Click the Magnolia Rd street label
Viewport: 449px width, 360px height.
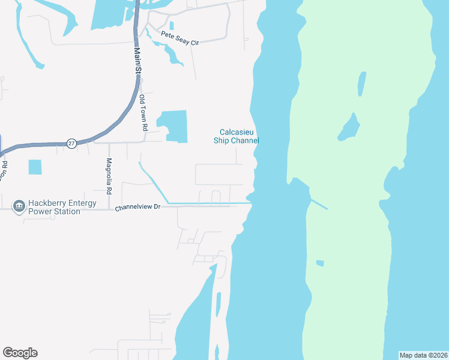point(109,175)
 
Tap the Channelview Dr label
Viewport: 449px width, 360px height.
point(138,207)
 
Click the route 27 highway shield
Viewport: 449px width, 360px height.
point(71,144)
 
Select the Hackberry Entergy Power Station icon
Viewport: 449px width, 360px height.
point(19,206)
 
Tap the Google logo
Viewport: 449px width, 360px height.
point(20,353)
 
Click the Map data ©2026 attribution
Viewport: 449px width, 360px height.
point(424,355)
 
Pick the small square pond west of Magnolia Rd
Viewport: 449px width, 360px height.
point(35,167)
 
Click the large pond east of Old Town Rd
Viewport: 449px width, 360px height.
point(174,126)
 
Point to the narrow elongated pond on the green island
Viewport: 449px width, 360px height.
point(362,84)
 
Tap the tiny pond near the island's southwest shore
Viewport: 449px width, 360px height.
point(320,263)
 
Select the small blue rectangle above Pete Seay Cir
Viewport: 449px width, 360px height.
point(172,26)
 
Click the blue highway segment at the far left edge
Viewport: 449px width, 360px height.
point(2,147)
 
